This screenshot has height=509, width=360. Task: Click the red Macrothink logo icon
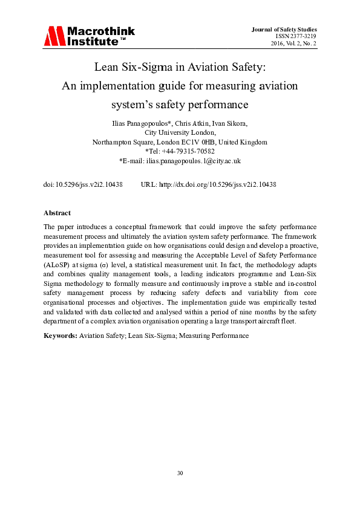tap(53, 36)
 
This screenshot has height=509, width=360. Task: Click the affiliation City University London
tap(180, 132)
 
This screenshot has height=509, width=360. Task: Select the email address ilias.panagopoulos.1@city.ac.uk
tap(194, 161)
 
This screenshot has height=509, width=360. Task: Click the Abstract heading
tap(57, 213)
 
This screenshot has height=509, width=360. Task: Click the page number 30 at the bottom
tap(180, 472)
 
